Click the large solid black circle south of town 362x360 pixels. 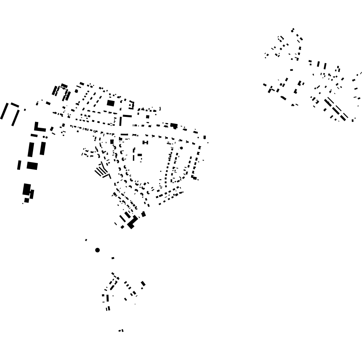(97, 250)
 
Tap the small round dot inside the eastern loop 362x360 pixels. (181, 148)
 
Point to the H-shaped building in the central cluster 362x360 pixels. (145, 143)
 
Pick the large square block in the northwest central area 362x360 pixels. (111, 103)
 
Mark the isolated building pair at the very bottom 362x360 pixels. (121, 330)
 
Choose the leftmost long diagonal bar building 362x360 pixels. (4, 111)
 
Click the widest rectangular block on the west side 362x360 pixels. (32, 166)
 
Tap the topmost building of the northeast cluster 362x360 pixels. (293, 30)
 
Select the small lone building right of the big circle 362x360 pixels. (113, 258)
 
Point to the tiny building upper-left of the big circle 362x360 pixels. (86, 240)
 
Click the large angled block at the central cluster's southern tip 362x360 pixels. (132, 222)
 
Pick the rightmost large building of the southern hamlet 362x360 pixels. (143, 284)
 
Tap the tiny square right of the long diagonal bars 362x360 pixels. (25, 109)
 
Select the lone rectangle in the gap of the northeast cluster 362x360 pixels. (292, 70)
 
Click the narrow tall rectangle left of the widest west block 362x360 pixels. (19, 165)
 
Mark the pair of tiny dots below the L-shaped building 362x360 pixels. (45, 137)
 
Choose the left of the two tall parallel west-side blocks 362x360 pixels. (31, 149)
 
